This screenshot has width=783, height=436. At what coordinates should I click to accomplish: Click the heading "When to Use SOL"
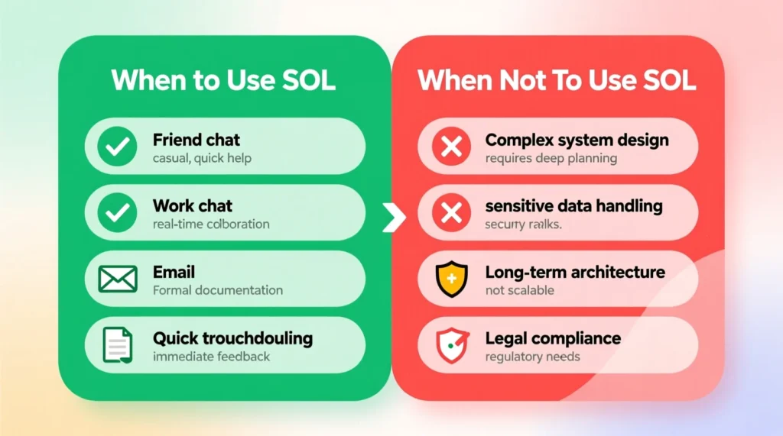click(x=223, y=81)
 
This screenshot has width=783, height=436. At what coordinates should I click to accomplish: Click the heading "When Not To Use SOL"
click(x=557, y=81)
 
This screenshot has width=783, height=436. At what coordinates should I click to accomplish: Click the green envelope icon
click(x=118, y=279)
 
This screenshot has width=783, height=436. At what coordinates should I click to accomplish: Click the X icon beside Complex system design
click(x=451, y=146)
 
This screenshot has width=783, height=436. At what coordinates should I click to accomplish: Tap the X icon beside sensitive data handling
click(x=451, y=212)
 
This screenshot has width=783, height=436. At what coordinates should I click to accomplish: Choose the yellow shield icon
click(x=451, y=279)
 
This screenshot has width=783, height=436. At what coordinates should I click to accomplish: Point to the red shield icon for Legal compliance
click(x=451, y=345)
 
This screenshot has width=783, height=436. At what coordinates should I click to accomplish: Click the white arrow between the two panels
click(x=394, y=218)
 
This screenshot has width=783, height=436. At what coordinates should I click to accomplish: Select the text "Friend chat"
click(x=197, y=140)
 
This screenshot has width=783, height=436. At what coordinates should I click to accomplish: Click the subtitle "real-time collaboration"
click(x=211, y=224)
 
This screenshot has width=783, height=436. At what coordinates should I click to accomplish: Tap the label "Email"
click(x=174, y=272)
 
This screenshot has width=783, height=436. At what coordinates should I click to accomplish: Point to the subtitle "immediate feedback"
click(x=211, y=357)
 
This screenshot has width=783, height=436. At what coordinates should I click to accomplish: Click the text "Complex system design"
click(x=577, y=140)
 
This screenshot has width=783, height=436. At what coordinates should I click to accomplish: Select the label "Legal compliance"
click(x=553, y=337)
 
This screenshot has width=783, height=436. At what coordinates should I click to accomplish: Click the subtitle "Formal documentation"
click(x=217, y=290)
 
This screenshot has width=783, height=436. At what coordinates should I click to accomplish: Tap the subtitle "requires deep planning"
click(x=551, y=159)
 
